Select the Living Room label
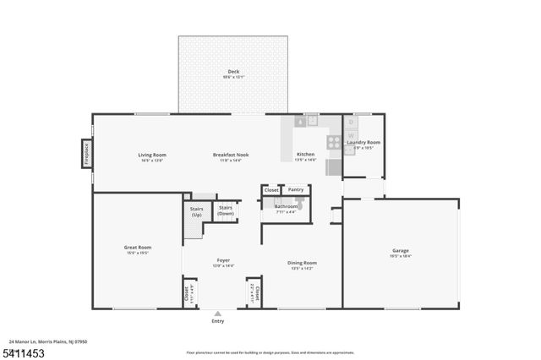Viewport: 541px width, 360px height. point(152,155)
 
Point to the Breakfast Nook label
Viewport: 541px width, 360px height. point(230,155)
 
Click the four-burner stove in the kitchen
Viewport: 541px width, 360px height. point(334,141)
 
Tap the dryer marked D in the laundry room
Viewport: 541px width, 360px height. point(352,123)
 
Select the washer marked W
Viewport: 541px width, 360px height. point(352,135)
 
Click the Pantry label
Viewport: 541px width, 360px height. point(295,190)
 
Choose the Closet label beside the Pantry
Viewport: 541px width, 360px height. point(271,190)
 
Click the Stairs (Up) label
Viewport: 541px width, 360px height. point(196,211)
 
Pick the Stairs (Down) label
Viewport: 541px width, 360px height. point(226,210)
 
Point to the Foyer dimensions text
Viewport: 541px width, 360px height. point(223,265)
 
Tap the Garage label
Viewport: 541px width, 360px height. point(401,250)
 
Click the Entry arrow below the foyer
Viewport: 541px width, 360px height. point(218,313)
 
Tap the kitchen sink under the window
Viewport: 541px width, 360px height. point(310,121)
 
